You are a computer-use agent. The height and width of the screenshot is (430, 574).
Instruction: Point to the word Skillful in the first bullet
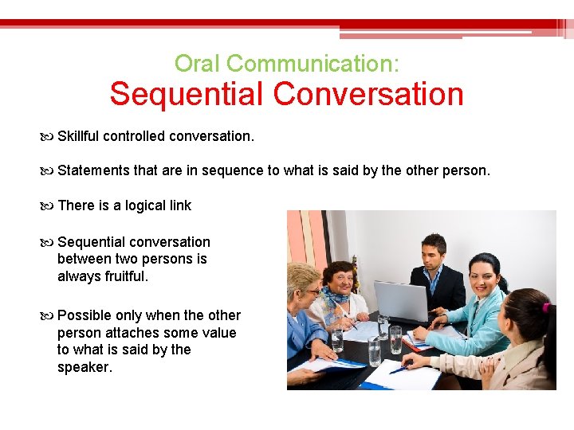coord(78,136)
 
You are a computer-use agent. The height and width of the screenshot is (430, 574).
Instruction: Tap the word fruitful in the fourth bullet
coord(126,276)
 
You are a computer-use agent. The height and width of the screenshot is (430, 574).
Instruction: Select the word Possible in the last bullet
coord(85,315)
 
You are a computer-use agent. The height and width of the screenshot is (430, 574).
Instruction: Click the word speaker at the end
coord(83,367)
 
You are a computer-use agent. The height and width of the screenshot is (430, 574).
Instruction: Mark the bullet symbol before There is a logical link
coord(50,205)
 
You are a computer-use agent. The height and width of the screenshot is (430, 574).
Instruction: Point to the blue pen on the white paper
coord(399,369)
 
